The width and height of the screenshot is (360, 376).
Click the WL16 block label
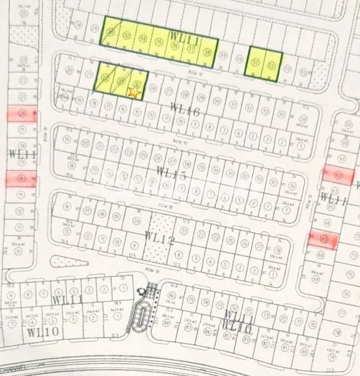coord(184,112)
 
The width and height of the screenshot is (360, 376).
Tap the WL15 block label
coord(171,174)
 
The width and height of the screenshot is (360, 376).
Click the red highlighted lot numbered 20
coord(23,114)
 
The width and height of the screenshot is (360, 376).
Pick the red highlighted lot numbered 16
coord(22,179)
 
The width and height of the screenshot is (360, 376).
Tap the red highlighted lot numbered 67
coord(324,239)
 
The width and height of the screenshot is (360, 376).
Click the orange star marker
coord(134,93)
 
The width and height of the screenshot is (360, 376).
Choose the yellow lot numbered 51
coord(255,63)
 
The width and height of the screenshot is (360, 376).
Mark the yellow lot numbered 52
coord(272,65)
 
